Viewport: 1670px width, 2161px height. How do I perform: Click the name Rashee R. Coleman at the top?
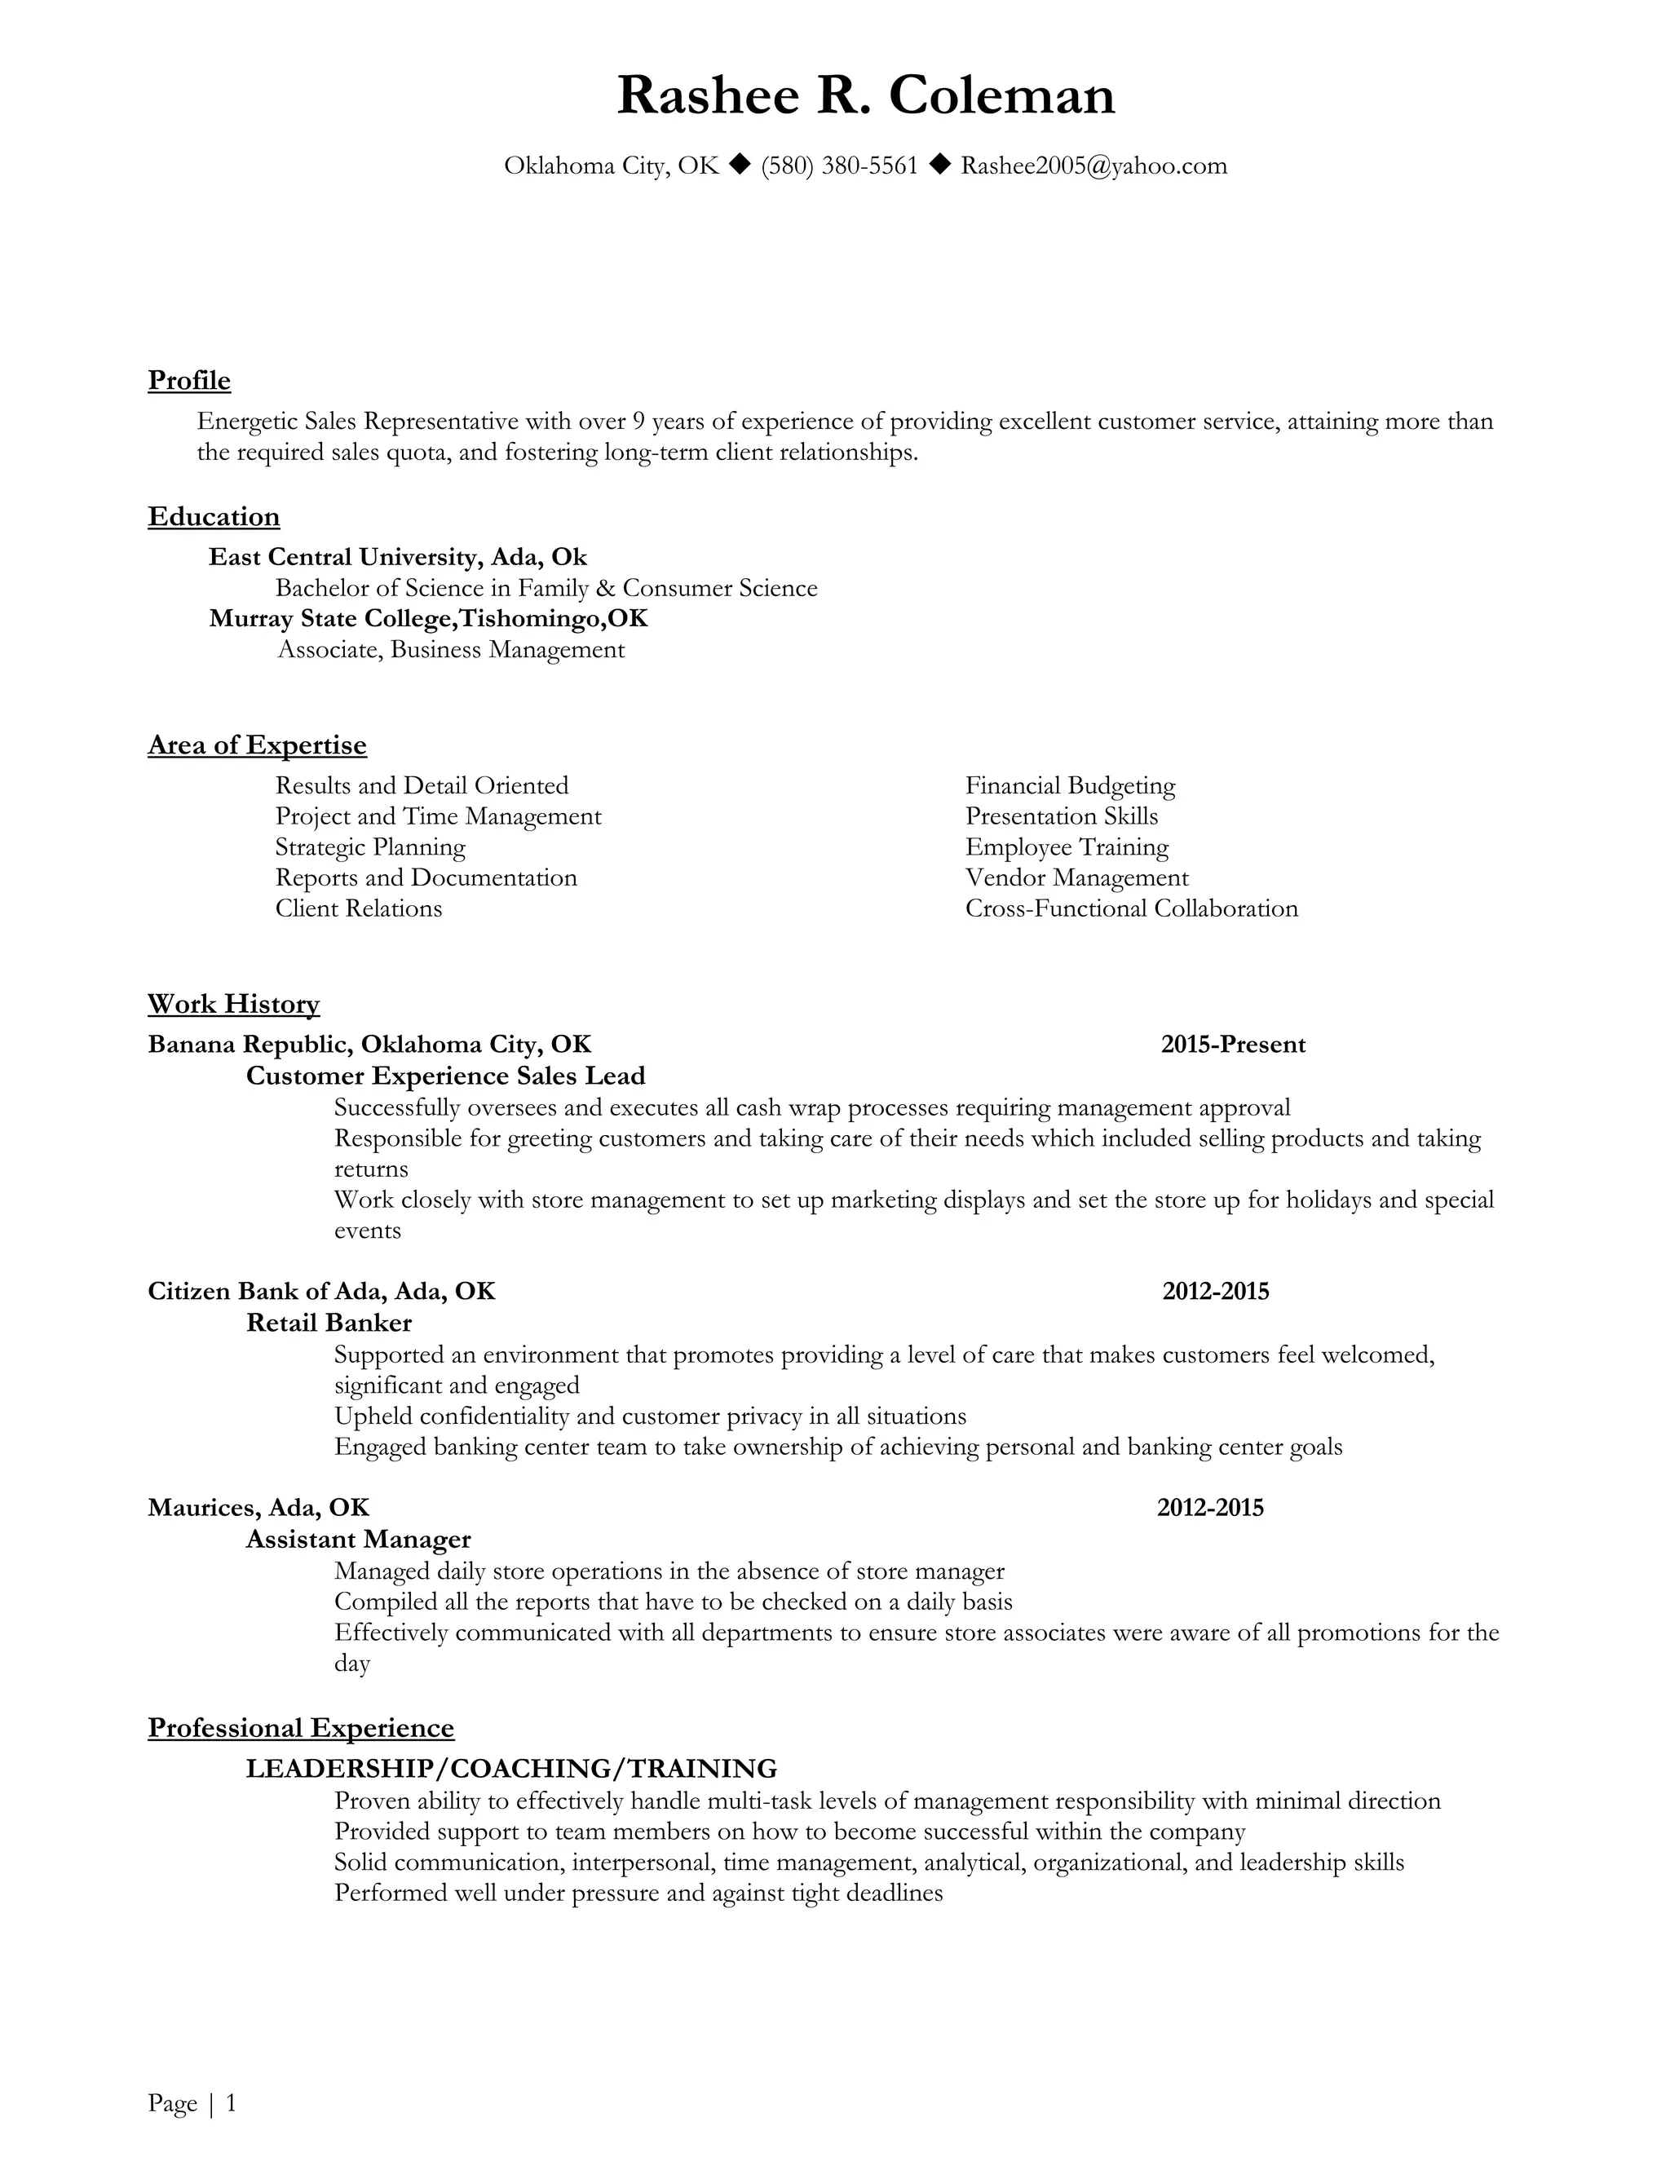click(x=866, y=96)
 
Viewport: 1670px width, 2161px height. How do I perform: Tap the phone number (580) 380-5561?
click(x=839, y=166)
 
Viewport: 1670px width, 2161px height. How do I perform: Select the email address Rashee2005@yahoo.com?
click(x=1093, y=166)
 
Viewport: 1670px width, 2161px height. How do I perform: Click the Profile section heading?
click(x=189, y=381)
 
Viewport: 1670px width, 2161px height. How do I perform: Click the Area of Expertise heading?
click(x=257, y=745)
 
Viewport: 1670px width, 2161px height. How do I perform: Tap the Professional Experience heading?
click(x=301, y=1728)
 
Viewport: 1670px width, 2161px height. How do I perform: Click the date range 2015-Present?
click(x=1233, y=1045)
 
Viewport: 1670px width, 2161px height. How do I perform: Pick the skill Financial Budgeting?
click(x=1070, y=785)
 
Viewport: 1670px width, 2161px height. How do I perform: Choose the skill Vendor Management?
click(x=1076, y=877)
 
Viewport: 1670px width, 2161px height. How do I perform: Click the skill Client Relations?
click(x=358, y=908)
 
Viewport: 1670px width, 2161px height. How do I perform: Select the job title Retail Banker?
click(x=329, y=1323)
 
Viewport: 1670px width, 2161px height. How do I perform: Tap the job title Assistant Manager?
click(x=358, y=1540)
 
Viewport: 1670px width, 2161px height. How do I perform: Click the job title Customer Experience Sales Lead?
click(x=445, y=1076)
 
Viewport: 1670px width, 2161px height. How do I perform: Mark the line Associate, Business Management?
click(x=451, y=650)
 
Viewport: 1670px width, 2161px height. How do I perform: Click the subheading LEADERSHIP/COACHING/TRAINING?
click(x=511, y=1768)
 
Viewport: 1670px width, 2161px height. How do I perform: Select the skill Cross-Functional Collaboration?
click(x=1131, y=908)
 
